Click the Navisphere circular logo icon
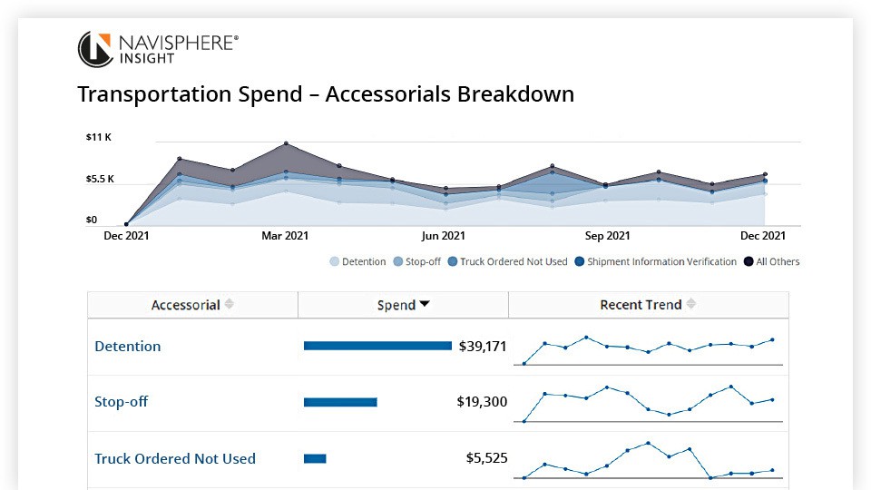click(x=95, y=49)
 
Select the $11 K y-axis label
click(x=98, y=137)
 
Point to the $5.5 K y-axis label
click(x=100, y=179)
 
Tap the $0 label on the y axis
click(x=92, y=220)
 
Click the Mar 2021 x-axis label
click(x=285, y=236)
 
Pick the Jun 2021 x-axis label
click(x=444, y=236)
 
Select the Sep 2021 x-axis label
click(x=607, y=236)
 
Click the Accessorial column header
click(x=186, y=305)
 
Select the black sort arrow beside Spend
click(x=425, y=305)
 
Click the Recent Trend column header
click(x=641, y=305)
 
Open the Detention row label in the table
click(x=128, y=347)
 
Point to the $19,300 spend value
click(x=482, y=402)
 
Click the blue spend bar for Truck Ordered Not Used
click(x=315, y=458)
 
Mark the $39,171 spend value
click(x=483, y=346)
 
